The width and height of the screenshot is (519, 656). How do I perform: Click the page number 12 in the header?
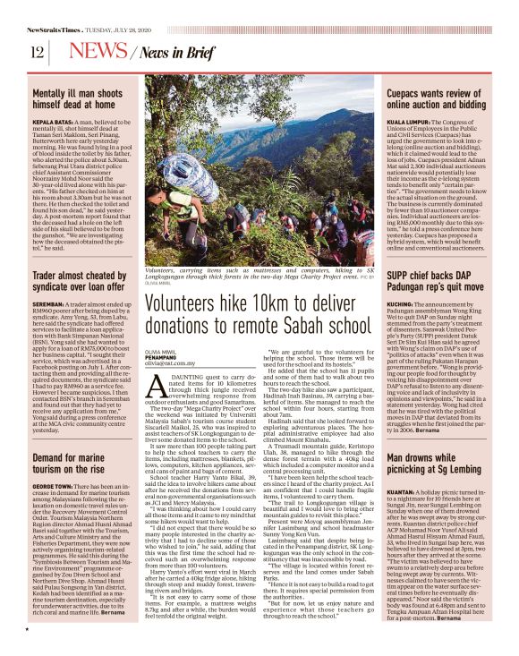pyautogui.click(x=37, y=51)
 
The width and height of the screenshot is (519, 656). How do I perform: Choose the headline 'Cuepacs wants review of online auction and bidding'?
pyautogui.click(x=442, y=99)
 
